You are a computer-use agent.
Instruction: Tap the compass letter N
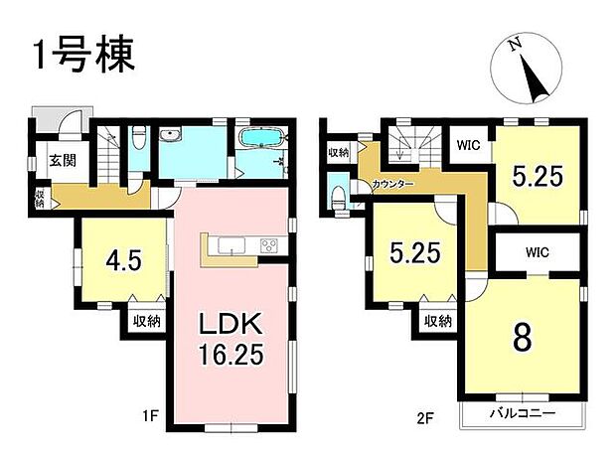pos(513,46)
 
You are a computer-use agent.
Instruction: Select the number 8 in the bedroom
pos(523,337)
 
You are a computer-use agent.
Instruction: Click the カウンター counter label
pos(393,185)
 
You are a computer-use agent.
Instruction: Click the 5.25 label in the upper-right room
pos(538,176)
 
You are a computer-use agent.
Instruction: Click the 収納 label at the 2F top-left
pos(338,152)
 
